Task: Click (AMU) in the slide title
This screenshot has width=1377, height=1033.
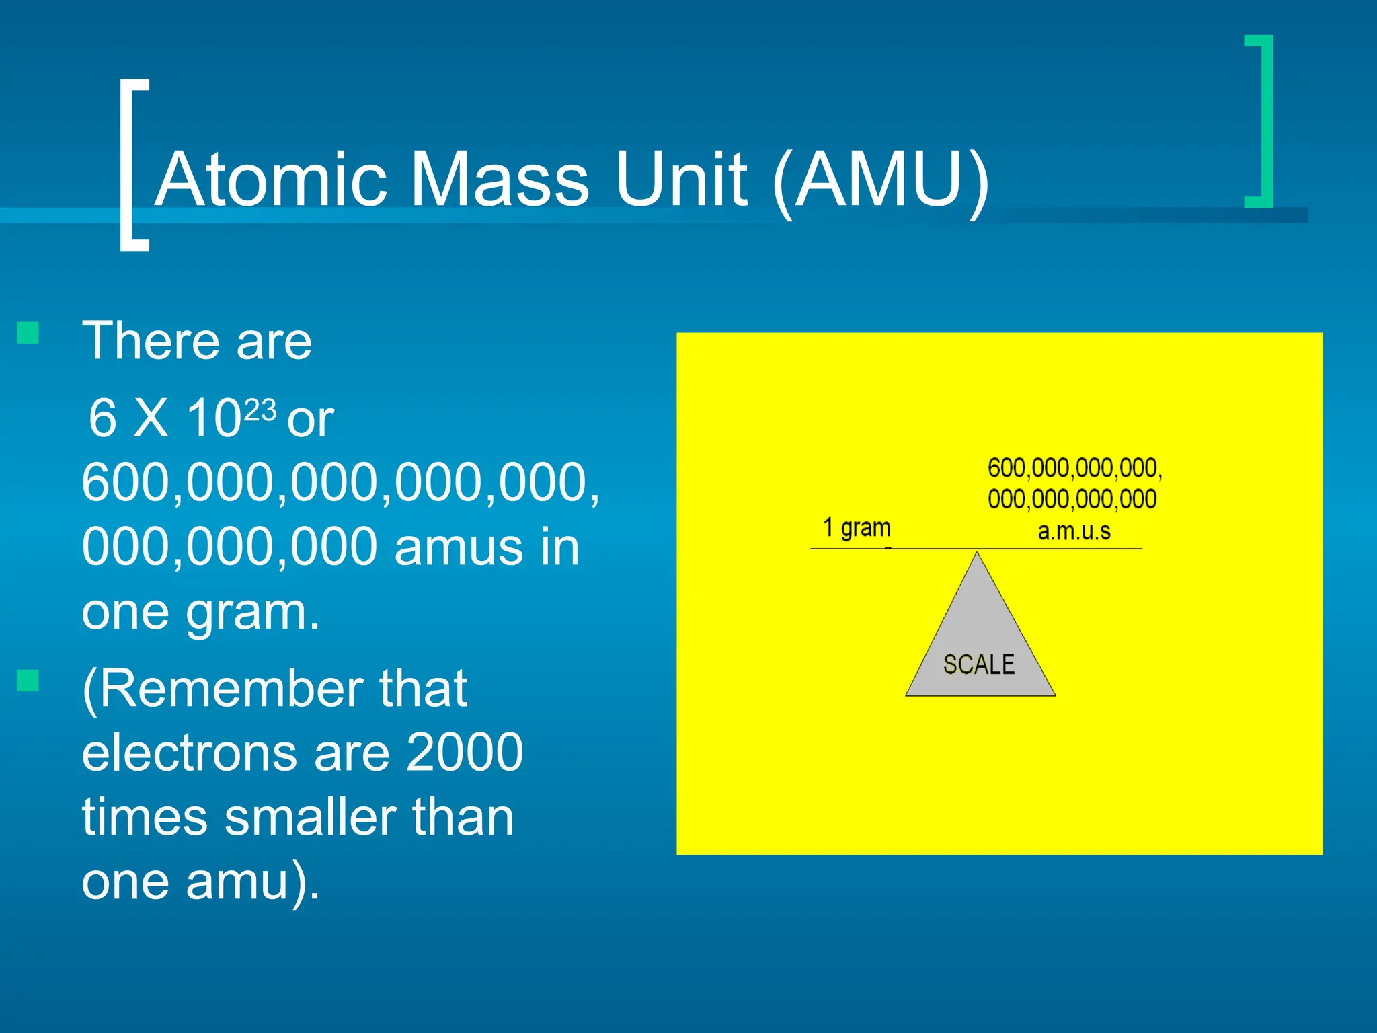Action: point(881,180)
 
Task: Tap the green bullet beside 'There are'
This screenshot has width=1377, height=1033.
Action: point(28,332)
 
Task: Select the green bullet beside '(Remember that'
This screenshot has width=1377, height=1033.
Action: point(28,681)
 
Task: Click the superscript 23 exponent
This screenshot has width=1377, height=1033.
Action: point(260,410)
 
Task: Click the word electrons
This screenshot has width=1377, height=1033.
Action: point(189,752)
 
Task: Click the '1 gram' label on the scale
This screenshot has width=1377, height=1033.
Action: point(857,527)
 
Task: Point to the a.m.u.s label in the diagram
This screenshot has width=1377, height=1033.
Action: point(1074,531)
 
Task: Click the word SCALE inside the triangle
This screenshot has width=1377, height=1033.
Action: point(978,664)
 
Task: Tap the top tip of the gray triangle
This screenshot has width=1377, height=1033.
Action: point(977,554)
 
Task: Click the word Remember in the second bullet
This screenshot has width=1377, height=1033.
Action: point(232,689)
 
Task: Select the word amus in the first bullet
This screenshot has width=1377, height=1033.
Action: point(458,547)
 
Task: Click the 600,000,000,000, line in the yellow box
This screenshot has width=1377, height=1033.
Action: point(1074,468)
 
